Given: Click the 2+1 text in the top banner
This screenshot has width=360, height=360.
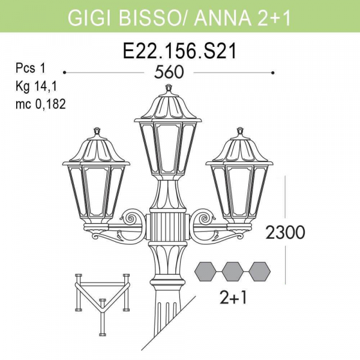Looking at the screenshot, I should point(274,17).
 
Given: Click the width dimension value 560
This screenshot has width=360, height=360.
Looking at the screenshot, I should point(169,73).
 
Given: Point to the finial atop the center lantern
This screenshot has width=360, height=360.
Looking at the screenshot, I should point(167,90).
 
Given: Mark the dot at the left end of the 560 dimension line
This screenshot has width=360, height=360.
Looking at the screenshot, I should point(64,73).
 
